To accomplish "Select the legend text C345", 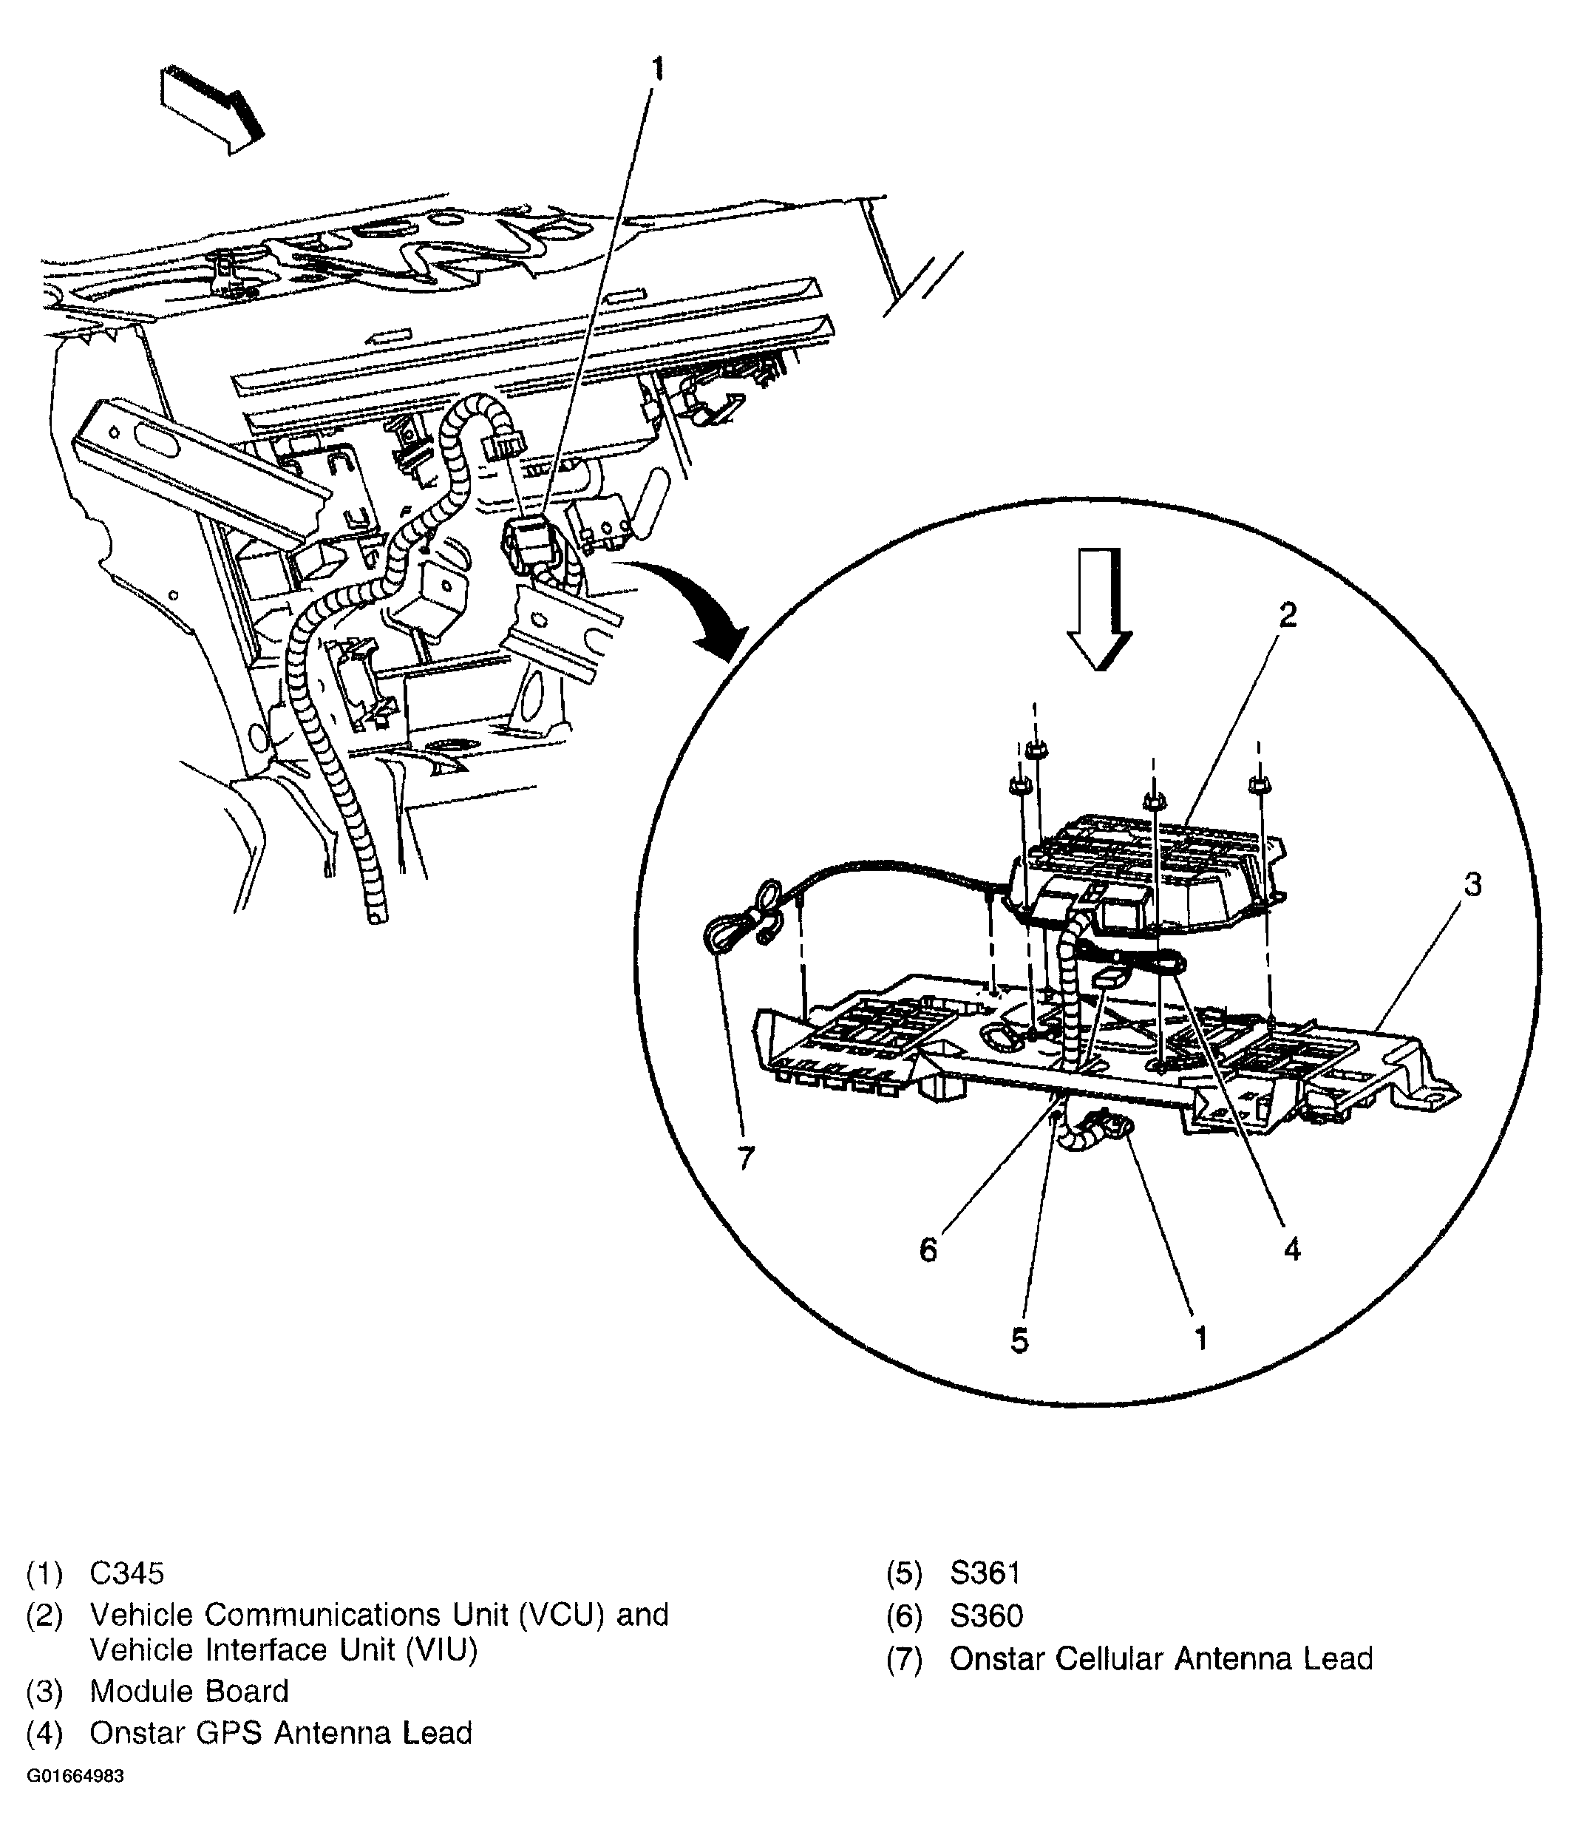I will click(x=127, y=1573).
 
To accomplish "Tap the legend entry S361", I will click(x=985, y=1573).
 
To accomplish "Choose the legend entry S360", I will click(x=985, y=1615).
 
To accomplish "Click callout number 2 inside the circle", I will click(x=1288, y=614).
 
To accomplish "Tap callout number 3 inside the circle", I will click(x=1472, y=884).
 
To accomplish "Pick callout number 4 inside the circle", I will click(x=1291, y=1249).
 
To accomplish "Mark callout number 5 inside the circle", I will click(x=1019, y=1340).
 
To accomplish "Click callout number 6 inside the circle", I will click(x=928, y=1249).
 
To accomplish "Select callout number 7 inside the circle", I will click(x=745, y=1158).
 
